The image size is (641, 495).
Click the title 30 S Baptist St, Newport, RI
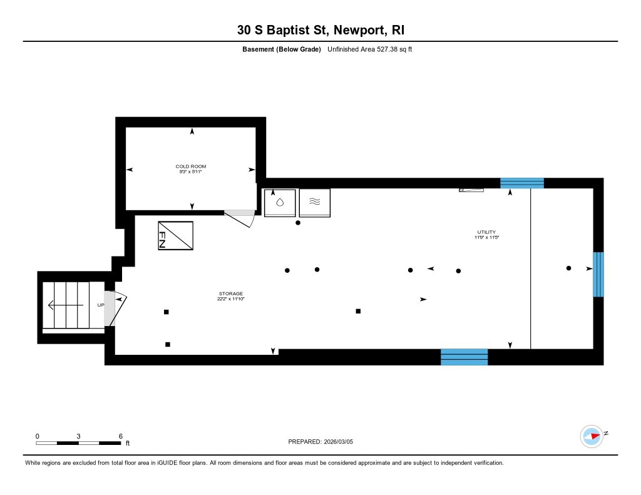point(320,30)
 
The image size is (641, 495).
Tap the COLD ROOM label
point(191,166)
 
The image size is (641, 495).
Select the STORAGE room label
point(230,293)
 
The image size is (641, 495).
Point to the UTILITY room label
point(486,232)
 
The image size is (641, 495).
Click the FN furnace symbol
point(175,236)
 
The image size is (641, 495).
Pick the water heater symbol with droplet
point(280,202)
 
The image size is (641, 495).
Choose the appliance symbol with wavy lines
point(315,202)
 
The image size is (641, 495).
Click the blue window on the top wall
point(521,183)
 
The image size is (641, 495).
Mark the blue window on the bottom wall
point(464,357)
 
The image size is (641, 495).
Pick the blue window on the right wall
point(598,274)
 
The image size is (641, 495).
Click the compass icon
point(592,436)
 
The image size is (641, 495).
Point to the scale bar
point(78,443)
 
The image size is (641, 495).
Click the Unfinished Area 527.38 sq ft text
point(369,49)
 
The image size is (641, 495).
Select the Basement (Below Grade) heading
point(283,49)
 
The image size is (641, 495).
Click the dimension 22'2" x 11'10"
point(230,299)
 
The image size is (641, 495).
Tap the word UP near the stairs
point(100,305)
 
